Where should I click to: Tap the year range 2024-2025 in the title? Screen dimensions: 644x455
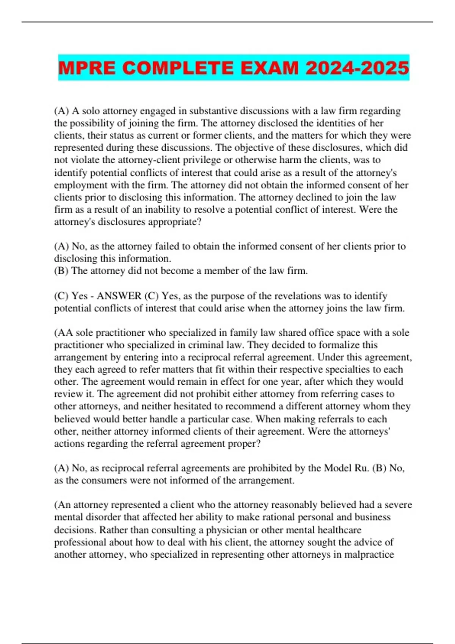click(x=357, y=68)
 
